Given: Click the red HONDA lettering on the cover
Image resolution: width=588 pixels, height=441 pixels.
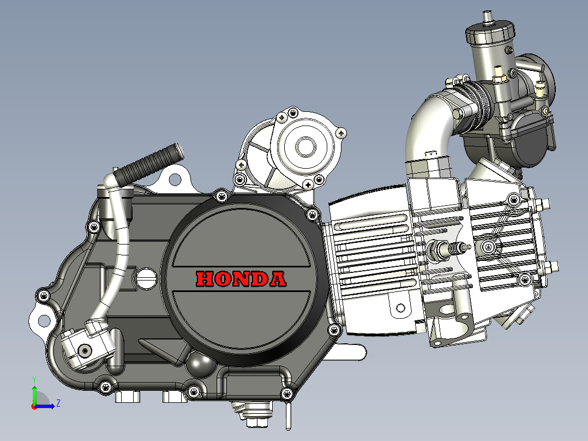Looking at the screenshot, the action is pos(241,279).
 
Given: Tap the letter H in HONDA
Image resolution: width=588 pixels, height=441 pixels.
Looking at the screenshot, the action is pos(205,279).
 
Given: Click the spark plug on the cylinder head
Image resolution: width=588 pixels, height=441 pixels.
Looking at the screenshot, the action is pos(448,249).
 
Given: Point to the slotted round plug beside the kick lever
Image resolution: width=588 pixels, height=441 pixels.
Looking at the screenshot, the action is pos(146,279).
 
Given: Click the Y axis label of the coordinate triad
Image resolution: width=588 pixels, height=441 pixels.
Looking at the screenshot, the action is pos(34,380).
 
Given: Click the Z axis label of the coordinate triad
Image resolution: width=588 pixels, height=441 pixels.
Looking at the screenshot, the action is pos(58,403).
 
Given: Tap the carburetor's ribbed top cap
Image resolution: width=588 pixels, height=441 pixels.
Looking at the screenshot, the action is pos(490,32).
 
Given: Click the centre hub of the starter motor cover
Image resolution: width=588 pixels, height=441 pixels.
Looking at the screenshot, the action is pos(305,146).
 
